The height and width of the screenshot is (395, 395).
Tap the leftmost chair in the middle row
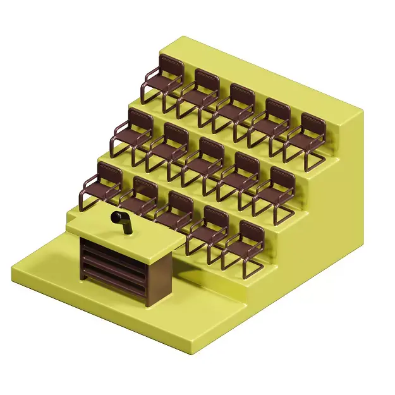tap(133, 135)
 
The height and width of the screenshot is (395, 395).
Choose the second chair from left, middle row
tap(168, 149)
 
